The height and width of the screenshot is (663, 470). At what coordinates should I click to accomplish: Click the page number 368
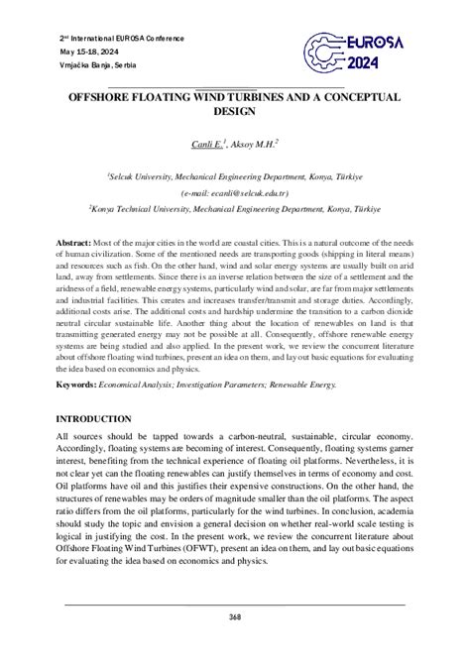pos(235,615)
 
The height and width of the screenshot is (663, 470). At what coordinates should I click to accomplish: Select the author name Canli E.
pos(208,145)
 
